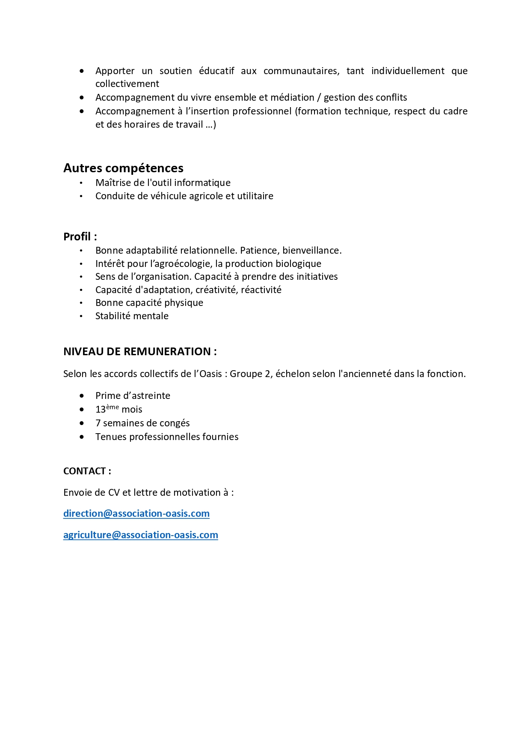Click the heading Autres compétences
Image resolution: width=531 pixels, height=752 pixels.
pos(123,168)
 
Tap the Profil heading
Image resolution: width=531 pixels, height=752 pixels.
pos(80,237)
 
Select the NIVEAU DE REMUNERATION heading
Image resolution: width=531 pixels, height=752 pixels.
pos(140,351)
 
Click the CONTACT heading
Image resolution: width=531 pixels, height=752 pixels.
pos(87,471)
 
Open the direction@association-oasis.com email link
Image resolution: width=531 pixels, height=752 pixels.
pos(136,513)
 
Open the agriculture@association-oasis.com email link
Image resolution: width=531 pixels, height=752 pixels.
pos(141,535)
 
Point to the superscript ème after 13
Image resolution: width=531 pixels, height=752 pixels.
pos(113,407)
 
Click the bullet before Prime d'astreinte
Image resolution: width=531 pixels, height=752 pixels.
pos(82,395)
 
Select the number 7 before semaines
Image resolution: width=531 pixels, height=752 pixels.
pos(98,423)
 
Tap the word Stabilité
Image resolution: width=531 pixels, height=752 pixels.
pos(113,316)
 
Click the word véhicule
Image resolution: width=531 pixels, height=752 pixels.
pos(176,196)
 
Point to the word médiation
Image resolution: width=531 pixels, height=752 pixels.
pos(292,97)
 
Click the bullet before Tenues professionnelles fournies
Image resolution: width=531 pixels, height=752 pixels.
pos(82,437)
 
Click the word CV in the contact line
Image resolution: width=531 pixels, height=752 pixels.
pos(114,492)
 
